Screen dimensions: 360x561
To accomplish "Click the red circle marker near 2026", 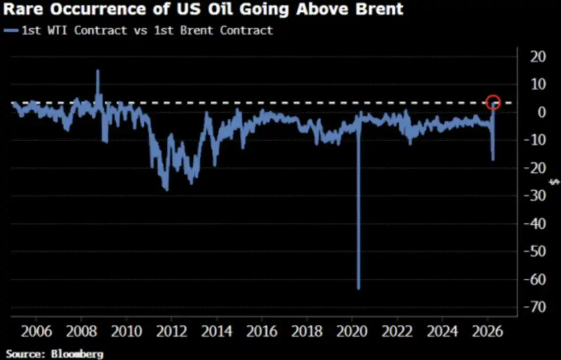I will coord(493,103).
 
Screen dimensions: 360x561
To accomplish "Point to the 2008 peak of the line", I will coord(98,71).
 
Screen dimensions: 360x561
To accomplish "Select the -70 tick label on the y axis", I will coord(534,307).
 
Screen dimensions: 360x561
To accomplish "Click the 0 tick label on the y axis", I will coord(542,112).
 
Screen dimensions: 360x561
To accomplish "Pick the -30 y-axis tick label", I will coord(534,196).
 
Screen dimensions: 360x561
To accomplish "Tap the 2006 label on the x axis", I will coord(37,332).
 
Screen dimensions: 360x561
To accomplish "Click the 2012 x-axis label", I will coord(172,332).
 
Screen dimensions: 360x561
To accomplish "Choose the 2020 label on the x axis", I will coord(353,332).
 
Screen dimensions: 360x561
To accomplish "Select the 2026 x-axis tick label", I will coord(488,332).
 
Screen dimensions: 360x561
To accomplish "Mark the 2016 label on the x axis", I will coord(262,332).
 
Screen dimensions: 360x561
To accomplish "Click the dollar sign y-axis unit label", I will coord(555,182).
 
